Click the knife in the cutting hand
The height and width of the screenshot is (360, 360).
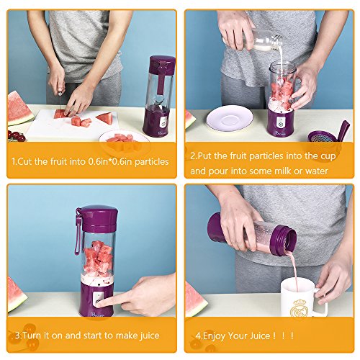60,102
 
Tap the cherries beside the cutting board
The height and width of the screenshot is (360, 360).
16,136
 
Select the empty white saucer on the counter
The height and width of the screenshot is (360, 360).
230,118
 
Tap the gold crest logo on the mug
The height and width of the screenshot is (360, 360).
299,308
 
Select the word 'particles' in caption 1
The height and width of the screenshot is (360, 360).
152,162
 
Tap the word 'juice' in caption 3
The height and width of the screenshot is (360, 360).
149,336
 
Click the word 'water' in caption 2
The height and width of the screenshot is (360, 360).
316,171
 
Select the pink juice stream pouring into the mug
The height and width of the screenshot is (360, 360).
294,269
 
